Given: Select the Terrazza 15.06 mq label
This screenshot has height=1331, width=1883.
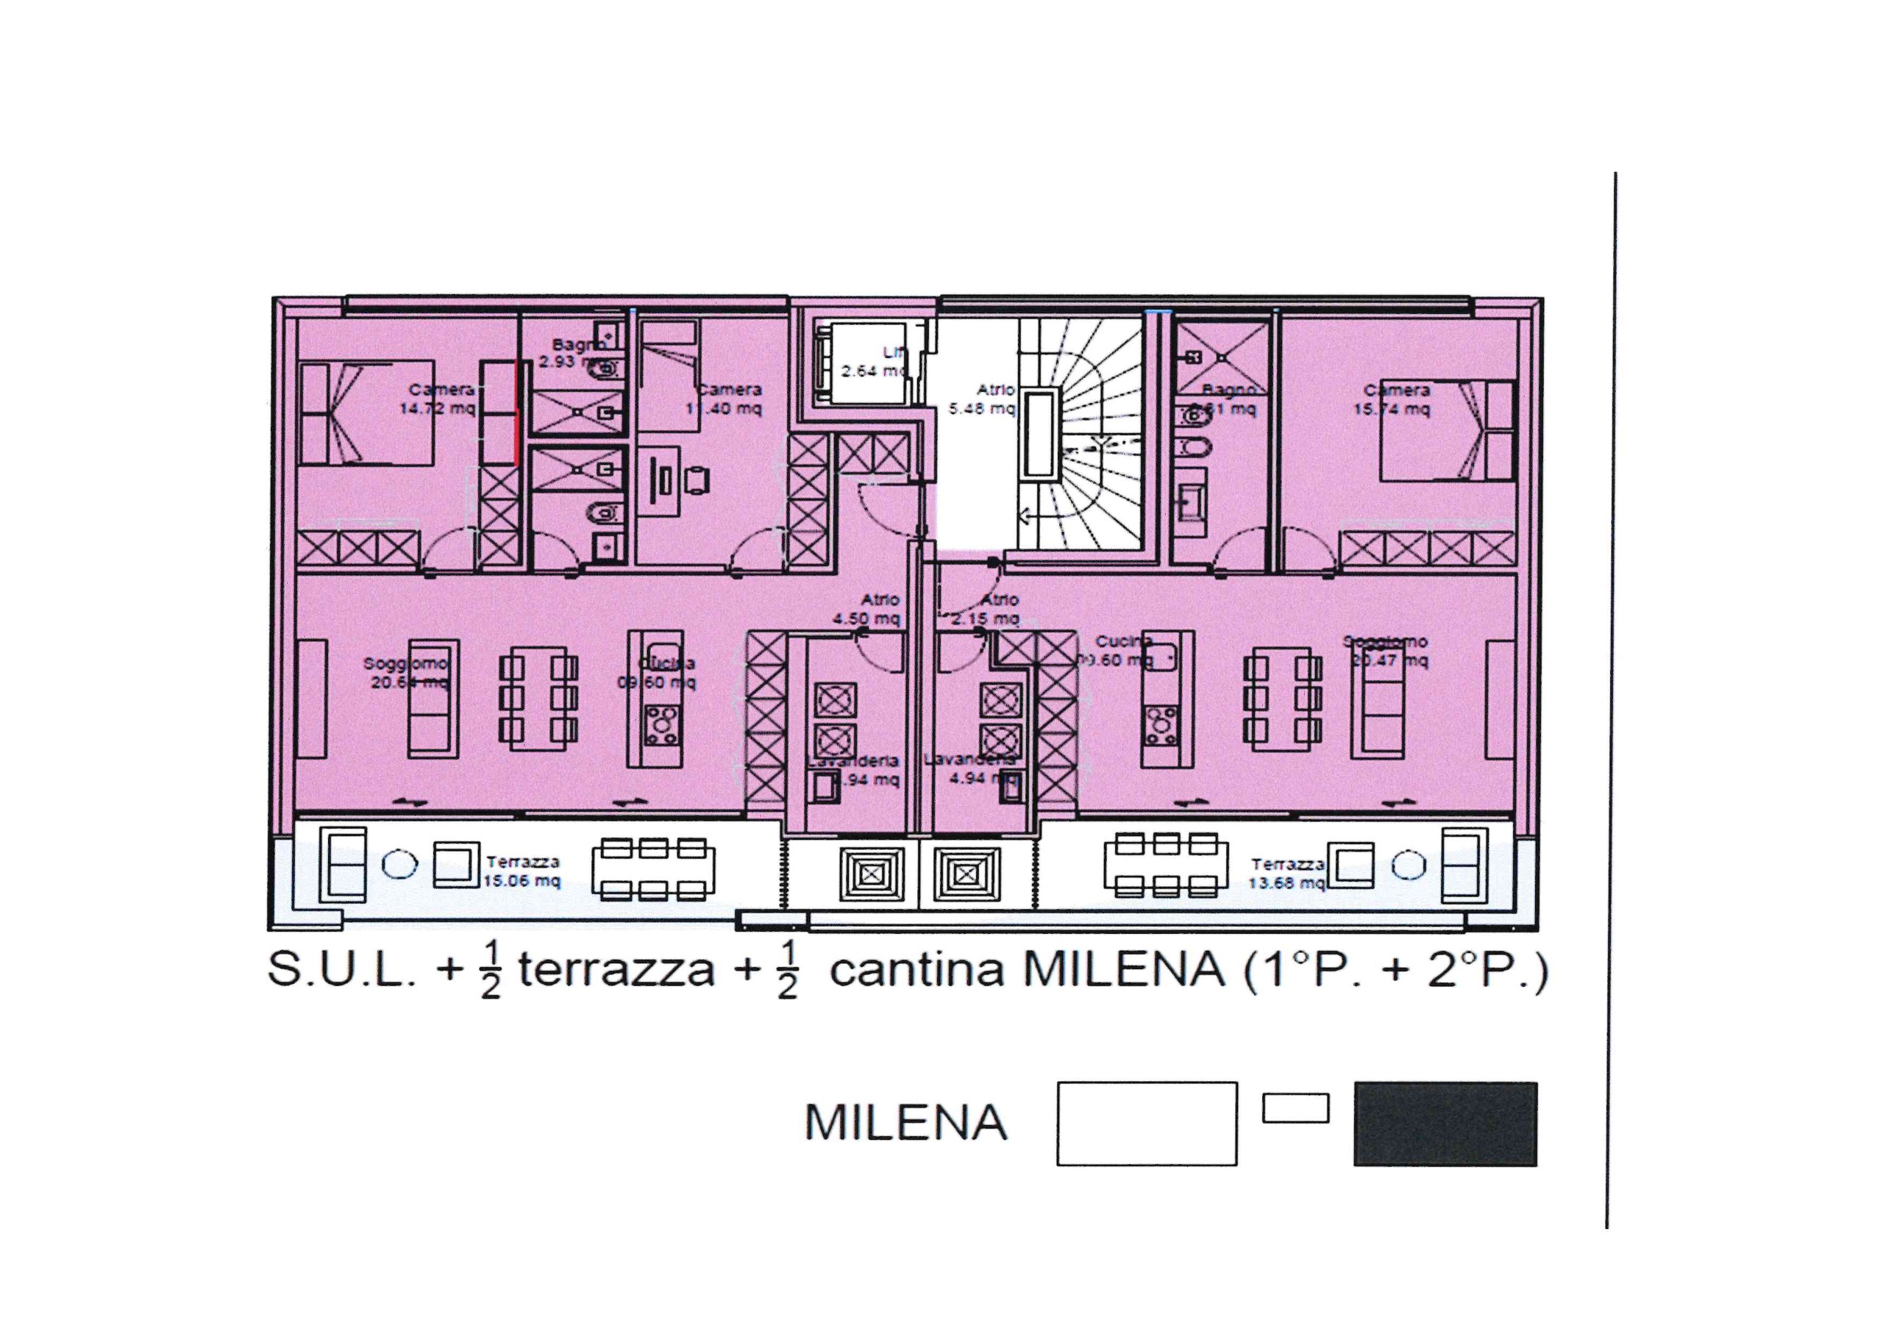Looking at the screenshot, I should [x=522, y=871].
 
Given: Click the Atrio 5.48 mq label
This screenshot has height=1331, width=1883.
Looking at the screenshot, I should [x=984, y=399].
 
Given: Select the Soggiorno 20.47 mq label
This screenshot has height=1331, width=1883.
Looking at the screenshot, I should [x=1388, y=650].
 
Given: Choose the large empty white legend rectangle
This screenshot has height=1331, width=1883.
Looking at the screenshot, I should [x=1146, y=1124].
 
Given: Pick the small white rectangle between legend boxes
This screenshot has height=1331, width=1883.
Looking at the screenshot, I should [x=1295, y=1108].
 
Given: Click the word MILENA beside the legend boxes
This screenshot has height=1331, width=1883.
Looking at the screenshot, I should [x=905, y=1123].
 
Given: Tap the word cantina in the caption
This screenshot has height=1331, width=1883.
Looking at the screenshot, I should [x=916, y=970].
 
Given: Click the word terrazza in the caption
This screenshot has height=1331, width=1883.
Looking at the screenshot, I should [x=616, y=970].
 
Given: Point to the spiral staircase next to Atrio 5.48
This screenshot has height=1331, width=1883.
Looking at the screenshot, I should [x=1083, y=435].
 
